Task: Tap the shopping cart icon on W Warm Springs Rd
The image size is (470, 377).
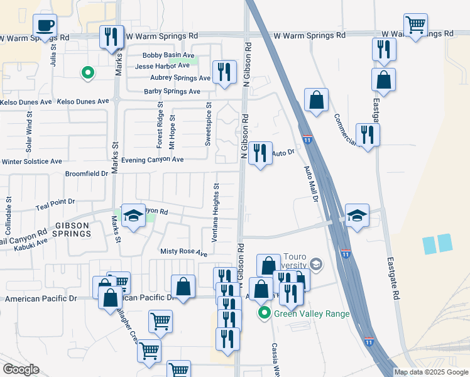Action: point(415,26)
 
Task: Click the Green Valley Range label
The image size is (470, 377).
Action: point(310,314)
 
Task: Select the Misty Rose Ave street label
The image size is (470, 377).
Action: point(183,253)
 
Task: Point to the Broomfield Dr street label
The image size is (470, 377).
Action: point(87,173)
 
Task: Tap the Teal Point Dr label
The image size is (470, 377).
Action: point(55,202)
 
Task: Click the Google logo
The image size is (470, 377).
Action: point(21,369)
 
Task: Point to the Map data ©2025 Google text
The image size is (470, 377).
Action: point(430,372)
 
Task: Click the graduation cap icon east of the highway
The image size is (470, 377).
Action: point(357,216)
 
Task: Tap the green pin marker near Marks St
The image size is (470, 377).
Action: point(89,73)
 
